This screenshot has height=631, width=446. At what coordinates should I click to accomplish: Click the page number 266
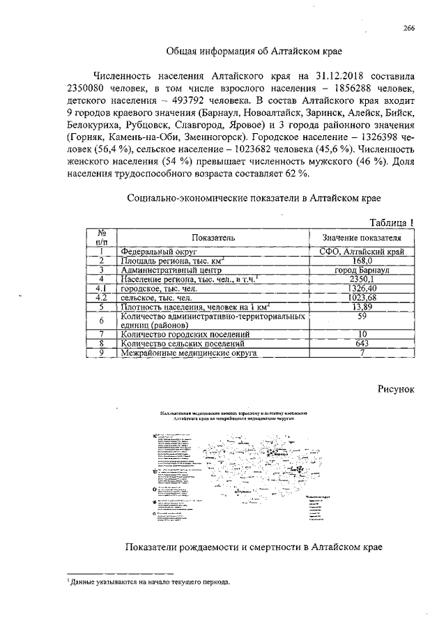408,28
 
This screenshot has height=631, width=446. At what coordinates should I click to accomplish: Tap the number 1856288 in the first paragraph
350,89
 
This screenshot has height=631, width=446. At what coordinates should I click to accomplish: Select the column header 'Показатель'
215,237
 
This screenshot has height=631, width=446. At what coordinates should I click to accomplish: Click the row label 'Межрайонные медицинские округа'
189,353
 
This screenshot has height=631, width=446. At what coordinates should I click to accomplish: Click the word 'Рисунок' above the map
397,388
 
